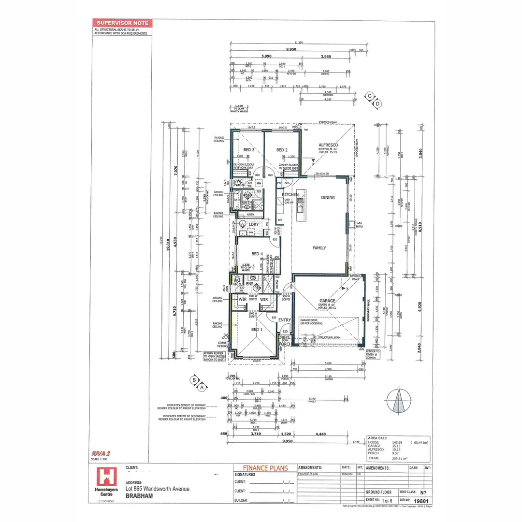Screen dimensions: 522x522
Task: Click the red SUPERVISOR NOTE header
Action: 122,23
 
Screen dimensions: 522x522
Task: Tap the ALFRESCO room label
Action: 328,145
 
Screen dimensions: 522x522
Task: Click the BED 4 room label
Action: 257,253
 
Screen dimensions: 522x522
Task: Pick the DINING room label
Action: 328,197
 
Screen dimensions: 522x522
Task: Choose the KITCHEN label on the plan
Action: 290,194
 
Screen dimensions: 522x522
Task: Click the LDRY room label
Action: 254,224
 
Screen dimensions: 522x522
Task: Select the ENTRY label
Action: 284,320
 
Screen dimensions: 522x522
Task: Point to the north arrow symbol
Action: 399,401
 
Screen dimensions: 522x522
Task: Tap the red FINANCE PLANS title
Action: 265,468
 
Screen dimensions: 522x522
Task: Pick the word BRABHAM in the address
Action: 138,495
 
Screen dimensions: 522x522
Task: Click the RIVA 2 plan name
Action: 101,453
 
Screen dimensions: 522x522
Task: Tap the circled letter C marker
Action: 370,96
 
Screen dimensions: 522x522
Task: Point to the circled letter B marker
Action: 194,380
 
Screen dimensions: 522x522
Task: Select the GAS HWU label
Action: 360,225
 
